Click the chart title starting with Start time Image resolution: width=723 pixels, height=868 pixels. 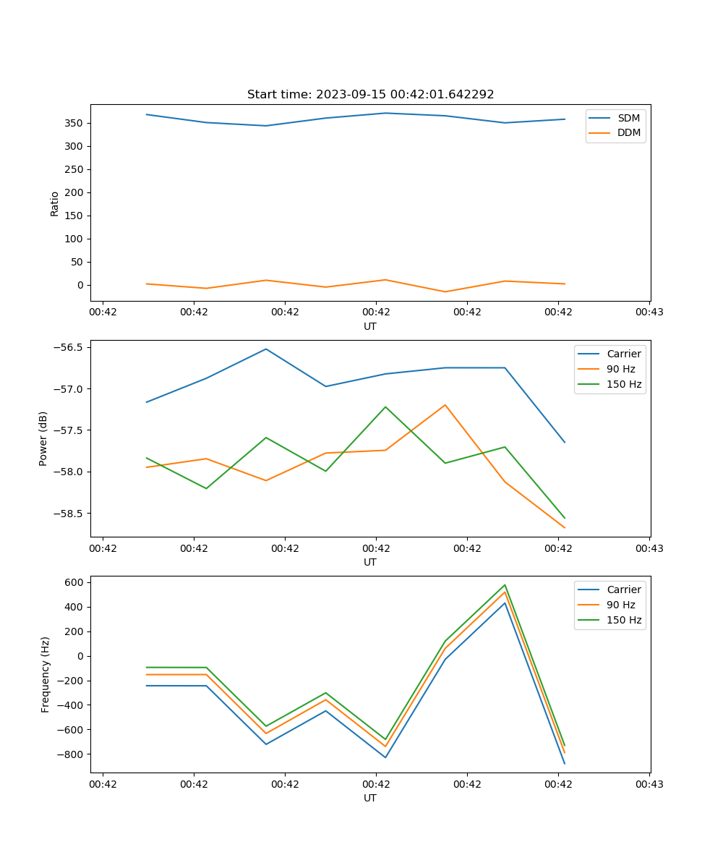pyautogui.click(x=370, y=95)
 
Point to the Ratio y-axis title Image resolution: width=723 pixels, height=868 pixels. pyautogui.click(x=55, y=203)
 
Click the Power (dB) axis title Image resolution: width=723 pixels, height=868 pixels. pyautogui.click(x=43, y=438)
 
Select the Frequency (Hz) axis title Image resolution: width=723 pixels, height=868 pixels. pyautogui.click(x=46, y=674)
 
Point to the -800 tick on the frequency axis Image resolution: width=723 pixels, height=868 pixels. pyautogui.click(x=72, y=754)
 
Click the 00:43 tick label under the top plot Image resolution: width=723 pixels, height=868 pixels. pyautogui.click(x=649, y=312)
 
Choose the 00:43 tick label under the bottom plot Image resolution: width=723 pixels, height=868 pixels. pyautogui.click(x=649, y=784)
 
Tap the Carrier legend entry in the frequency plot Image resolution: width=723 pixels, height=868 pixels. pyautogui.click(x=623, y=590)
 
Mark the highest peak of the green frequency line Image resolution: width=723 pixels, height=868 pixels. pyautogui.click(x=505, y=585)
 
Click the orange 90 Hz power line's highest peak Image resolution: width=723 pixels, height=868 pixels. pyautogui.click(x=445, y=405)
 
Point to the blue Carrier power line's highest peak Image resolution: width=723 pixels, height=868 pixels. pyautogui.click(x=266, y=349)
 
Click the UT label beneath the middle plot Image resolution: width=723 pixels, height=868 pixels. pyautogui.click(x=370, y=562)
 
